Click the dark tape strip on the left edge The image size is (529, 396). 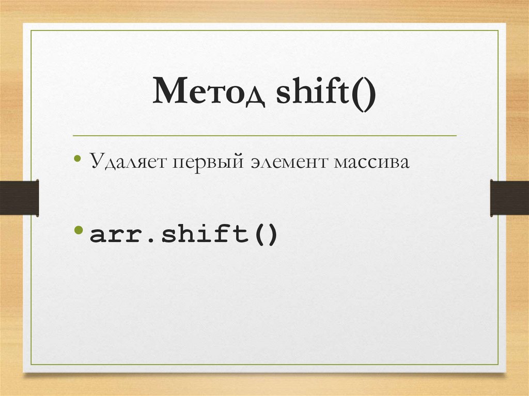(19, 197)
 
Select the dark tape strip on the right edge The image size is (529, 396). (509, 197)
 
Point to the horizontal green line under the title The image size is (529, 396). (264, 136)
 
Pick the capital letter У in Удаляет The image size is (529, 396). (97, 162)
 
